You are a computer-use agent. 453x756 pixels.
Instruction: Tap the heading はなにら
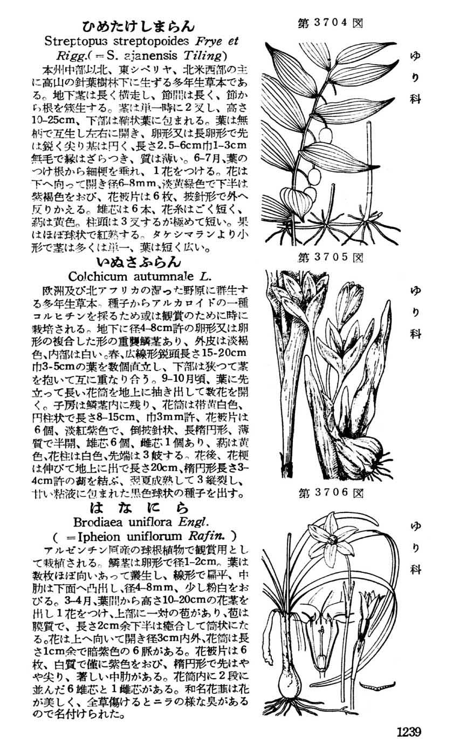click(139, 508)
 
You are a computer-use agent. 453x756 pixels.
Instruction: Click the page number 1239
click(408, 732)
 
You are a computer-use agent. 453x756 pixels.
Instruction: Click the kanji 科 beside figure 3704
click(415, 100)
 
